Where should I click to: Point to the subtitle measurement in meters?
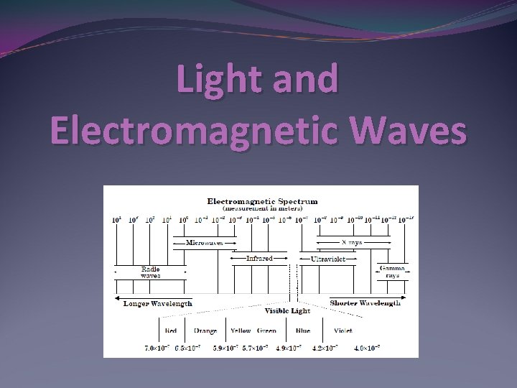[262, 208]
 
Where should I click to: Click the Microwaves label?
[204, 243]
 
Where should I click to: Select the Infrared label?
[259, 257]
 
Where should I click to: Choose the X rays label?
[352, 243]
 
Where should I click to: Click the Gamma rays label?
[392, 272]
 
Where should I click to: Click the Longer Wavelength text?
[158, 303]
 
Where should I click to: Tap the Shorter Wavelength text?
[365, 303]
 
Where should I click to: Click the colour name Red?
[171, 331]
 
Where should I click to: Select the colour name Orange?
[206, 331]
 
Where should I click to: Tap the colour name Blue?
[302, 331]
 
